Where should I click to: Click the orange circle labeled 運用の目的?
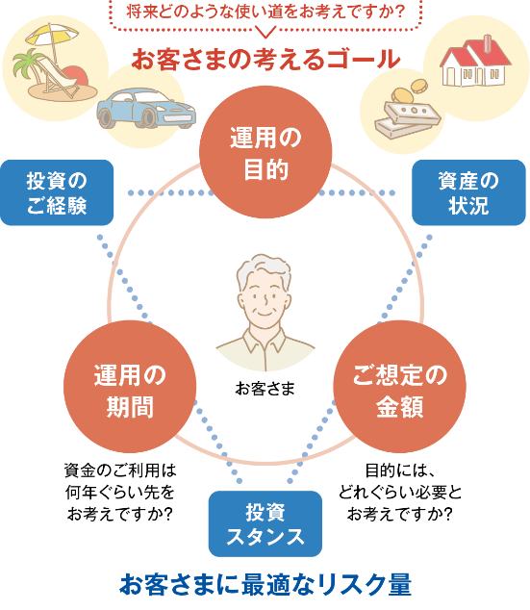[x=265, y=150]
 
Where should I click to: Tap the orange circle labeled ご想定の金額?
[x=399, y=389]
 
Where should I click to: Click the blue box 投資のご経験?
[x=57, y=192]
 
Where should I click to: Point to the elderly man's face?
[x=265, y=298]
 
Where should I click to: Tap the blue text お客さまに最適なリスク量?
[x=265, y=584]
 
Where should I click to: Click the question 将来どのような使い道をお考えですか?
[x=265, y=13]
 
